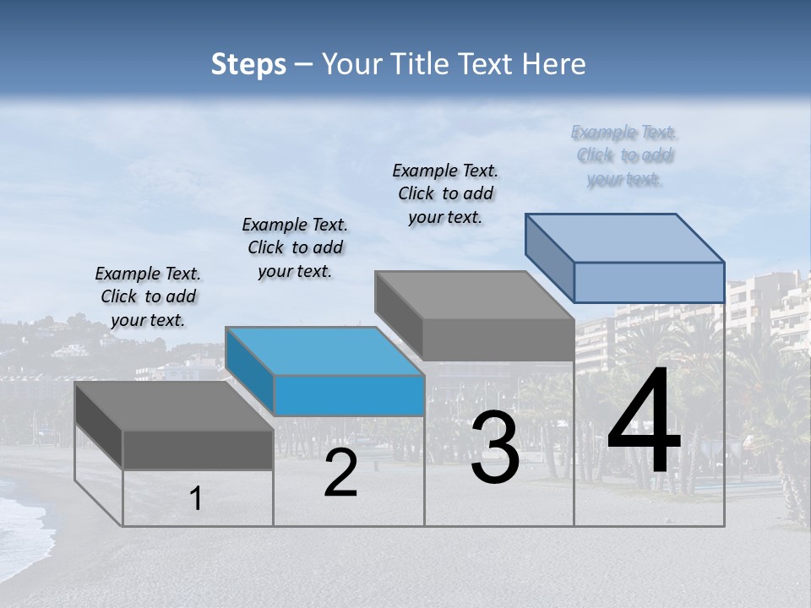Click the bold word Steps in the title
[x=248, y=64]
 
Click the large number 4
[x=644, y=422]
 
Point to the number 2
[x=340, y=474]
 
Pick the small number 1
[x=196, y=499]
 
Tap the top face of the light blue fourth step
[x=625, y=237]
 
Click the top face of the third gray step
[x=475, y=295]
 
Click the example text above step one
[x=148, y=296]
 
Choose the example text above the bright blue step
[x=295, y=247]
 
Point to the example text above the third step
[x=445, y=193]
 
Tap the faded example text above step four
[x=624, y=155]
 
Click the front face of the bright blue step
[x=349, y=395]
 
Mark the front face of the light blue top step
[x=649, y=282]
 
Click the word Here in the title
[x=556, y=64]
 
